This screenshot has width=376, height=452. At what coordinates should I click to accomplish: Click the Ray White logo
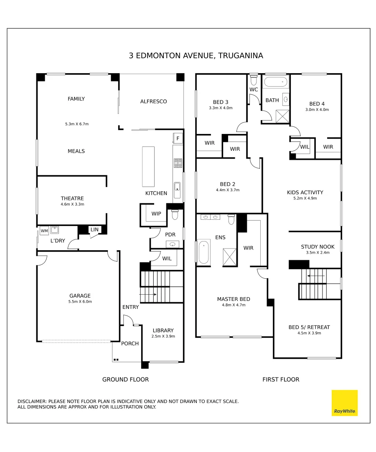[x=345, y=403]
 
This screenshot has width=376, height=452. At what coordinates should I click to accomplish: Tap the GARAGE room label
[x=80, y=296]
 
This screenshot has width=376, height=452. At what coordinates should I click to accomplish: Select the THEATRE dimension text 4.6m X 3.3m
[x=72, y=205]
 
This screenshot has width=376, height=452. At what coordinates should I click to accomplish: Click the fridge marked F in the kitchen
[x=178, y=138]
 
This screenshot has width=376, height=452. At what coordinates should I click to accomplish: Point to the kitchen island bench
[x=148, y=167]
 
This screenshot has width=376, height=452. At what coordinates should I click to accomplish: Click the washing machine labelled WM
[x=44, y=231]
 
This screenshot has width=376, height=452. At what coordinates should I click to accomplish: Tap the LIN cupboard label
[x=94, y=229]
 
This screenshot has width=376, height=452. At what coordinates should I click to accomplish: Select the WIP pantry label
[x=156, y=214]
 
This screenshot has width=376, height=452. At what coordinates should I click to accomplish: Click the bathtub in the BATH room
[x=276, y=82]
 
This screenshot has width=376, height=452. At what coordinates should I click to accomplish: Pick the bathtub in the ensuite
[x=204, y=252]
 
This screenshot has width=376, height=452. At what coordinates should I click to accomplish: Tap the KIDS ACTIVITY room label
[x=305, y=193]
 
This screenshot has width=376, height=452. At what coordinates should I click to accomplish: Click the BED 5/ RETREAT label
[x=309, y=327]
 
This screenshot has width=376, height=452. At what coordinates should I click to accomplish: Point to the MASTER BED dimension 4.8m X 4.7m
[x=234, y=305]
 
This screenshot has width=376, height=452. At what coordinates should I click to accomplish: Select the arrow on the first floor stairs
[x=316, y=276]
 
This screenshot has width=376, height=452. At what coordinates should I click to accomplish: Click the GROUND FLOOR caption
[x=125, y=380]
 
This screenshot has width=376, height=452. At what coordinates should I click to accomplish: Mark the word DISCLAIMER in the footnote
[x=32, y=401]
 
